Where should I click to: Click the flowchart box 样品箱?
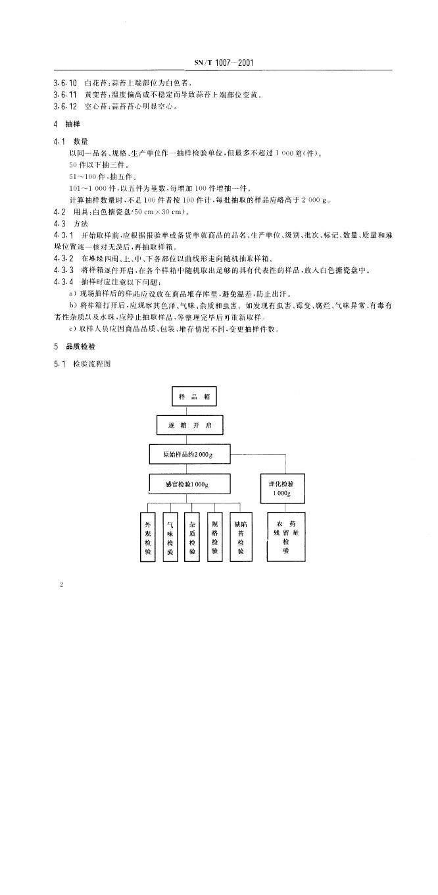(193, 396)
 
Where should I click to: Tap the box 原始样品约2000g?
(187, 455)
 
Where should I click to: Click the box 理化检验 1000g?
(286, 487)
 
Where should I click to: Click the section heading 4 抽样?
(64, 124)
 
